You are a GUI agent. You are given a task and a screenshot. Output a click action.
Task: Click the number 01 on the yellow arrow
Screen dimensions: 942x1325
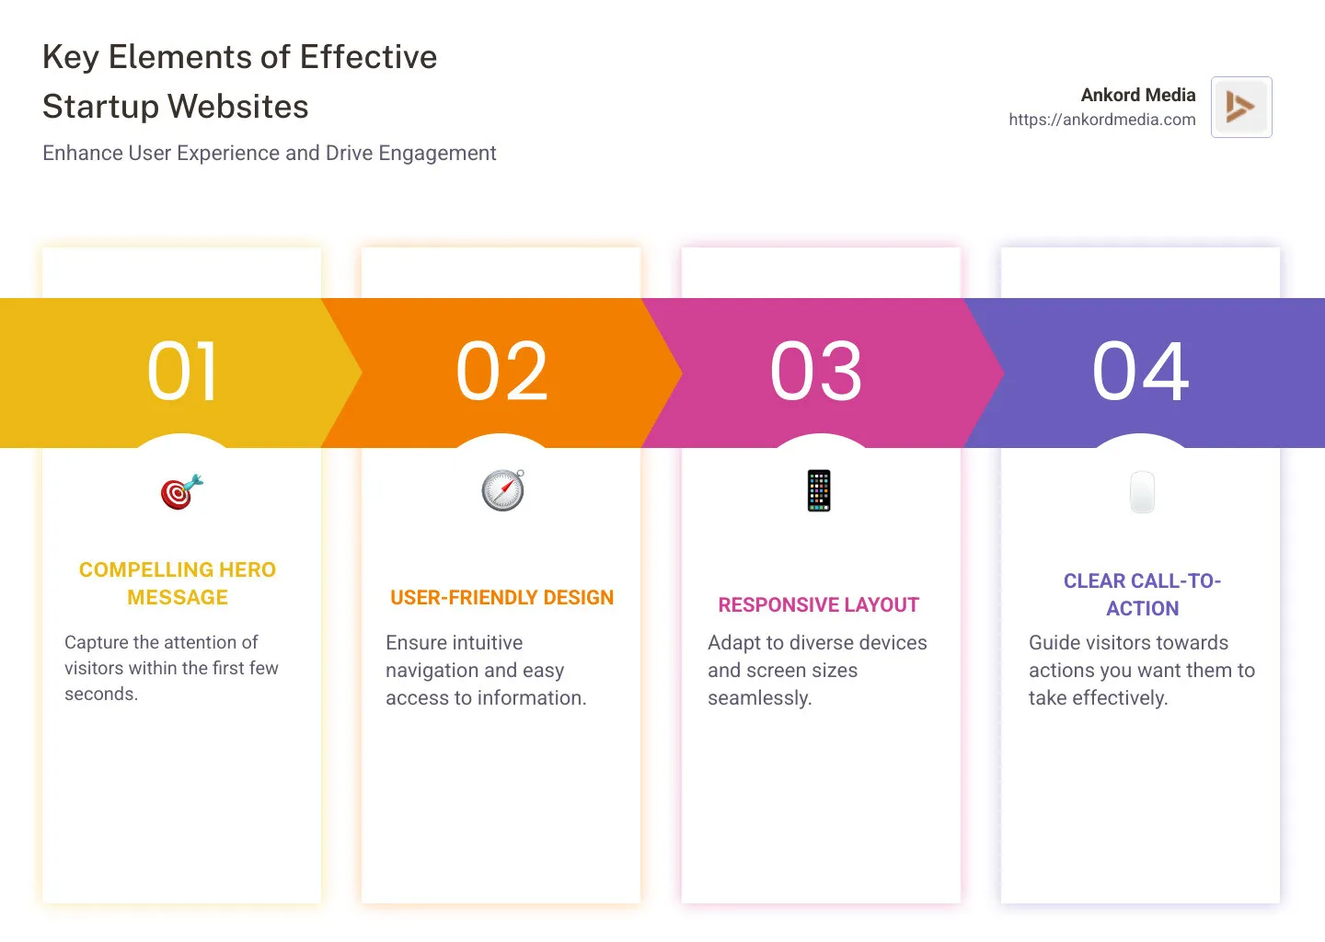pyautogui.click(x=182, y=372)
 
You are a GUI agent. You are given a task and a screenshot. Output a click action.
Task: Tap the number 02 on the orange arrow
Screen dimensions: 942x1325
pyautogui.click(x=502, y=372)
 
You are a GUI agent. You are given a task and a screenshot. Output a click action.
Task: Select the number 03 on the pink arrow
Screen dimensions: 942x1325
pyautogui.click(x=816, y=372)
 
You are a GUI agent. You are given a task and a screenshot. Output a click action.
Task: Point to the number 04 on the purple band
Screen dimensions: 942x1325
pyautogui.click(x=1140, y=372)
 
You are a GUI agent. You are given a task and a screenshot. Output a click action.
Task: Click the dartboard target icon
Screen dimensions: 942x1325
pyautogui.click(x=181, y=492)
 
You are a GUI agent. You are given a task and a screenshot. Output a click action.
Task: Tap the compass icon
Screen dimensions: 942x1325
pyautogui.click(x=503, y=490)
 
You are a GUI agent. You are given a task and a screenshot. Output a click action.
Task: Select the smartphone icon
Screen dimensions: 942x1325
pyautogui.click(x=819, y=490)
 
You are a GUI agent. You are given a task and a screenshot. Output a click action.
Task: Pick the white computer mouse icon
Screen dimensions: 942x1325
pyautogui.click(x=1142, y=492)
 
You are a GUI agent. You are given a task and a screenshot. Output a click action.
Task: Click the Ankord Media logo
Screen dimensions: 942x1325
pyautogui.click(x=1241, y=107)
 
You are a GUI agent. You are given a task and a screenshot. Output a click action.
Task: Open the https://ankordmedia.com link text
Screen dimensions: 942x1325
pyautogui.click(x=1101, y=120)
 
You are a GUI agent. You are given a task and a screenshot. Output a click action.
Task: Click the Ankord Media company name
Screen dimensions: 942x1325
pyautogui.click(x=1137, y=95)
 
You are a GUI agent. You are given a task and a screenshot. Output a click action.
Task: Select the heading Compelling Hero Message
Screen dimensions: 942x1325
pyautogui.click(x=178, y=583)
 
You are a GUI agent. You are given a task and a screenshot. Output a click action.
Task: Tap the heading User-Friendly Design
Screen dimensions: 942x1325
pyautogui.click(x=501, y=598)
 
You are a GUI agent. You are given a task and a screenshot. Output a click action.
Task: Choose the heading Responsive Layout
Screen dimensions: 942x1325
pyautogui.click(x=818, y=605)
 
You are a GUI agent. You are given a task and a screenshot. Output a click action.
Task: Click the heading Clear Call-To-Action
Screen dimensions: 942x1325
pyautogui.click(x=1142, y=594)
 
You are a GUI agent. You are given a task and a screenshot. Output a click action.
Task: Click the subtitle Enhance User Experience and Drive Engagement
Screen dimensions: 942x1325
pyautogui.click(x=269, y=153)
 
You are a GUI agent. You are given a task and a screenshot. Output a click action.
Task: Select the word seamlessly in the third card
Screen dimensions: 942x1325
pyautogui.click(x=759, y=698)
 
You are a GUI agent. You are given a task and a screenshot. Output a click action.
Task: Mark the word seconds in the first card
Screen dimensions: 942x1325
pyautogui.click(x=100, y=695)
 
